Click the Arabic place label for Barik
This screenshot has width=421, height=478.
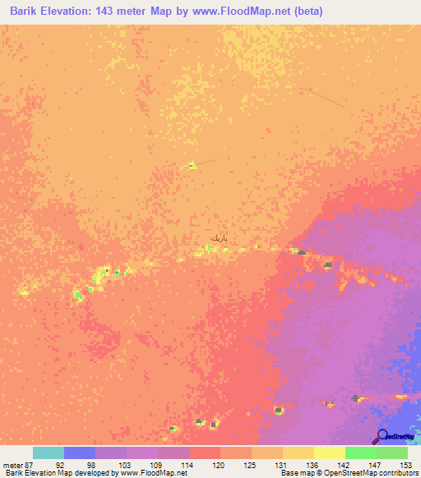pyautogui.click(x=217, y=237)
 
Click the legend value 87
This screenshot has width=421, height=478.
pyautogui.click(x=30, y=464)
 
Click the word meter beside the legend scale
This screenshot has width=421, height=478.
pyautogui.click(x=12, y=464)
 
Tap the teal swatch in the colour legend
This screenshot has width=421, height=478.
pyautogui.click(x=48, y=453)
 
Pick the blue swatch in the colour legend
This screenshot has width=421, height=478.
pyautogui.click(x=79, y=453)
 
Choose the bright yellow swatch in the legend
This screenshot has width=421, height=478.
pyautogui.click(x=329, y=453)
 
